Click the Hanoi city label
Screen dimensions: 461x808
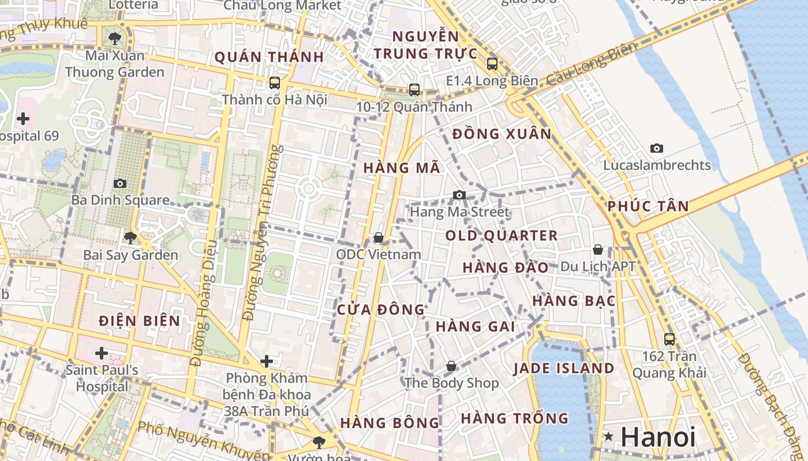pos(658,437)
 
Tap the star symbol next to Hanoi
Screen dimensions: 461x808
pos(608,437)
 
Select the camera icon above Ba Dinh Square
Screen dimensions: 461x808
pos(120,183)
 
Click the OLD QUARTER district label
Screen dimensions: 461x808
pos(502,236)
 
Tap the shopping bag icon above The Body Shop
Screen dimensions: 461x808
pos(451,366)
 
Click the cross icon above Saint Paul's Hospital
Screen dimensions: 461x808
pos(102,353)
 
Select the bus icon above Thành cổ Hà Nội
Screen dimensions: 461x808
pos(275,82)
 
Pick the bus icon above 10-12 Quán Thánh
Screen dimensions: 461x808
pos(414,89)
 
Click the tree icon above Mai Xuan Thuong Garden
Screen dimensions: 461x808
pos(115,39)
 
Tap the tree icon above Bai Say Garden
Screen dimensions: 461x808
pos(130,237)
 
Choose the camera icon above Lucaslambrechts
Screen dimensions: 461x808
pos(657,148)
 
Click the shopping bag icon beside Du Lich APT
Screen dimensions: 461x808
pos(598,250)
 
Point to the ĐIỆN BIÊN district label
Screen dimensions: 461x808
pos(139,321)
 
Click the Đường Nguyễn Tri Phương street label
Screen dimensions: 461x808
pos(263,233)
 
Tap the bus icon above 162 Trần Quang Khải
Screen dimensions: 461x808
pos(669,339)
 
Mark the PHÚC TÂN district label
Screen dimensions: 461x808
pos(648,206)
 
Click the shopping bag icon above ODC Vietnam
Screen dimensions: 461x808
pos(379,237)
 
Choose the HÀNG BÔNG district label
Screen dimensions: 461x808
pos(390,422)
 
